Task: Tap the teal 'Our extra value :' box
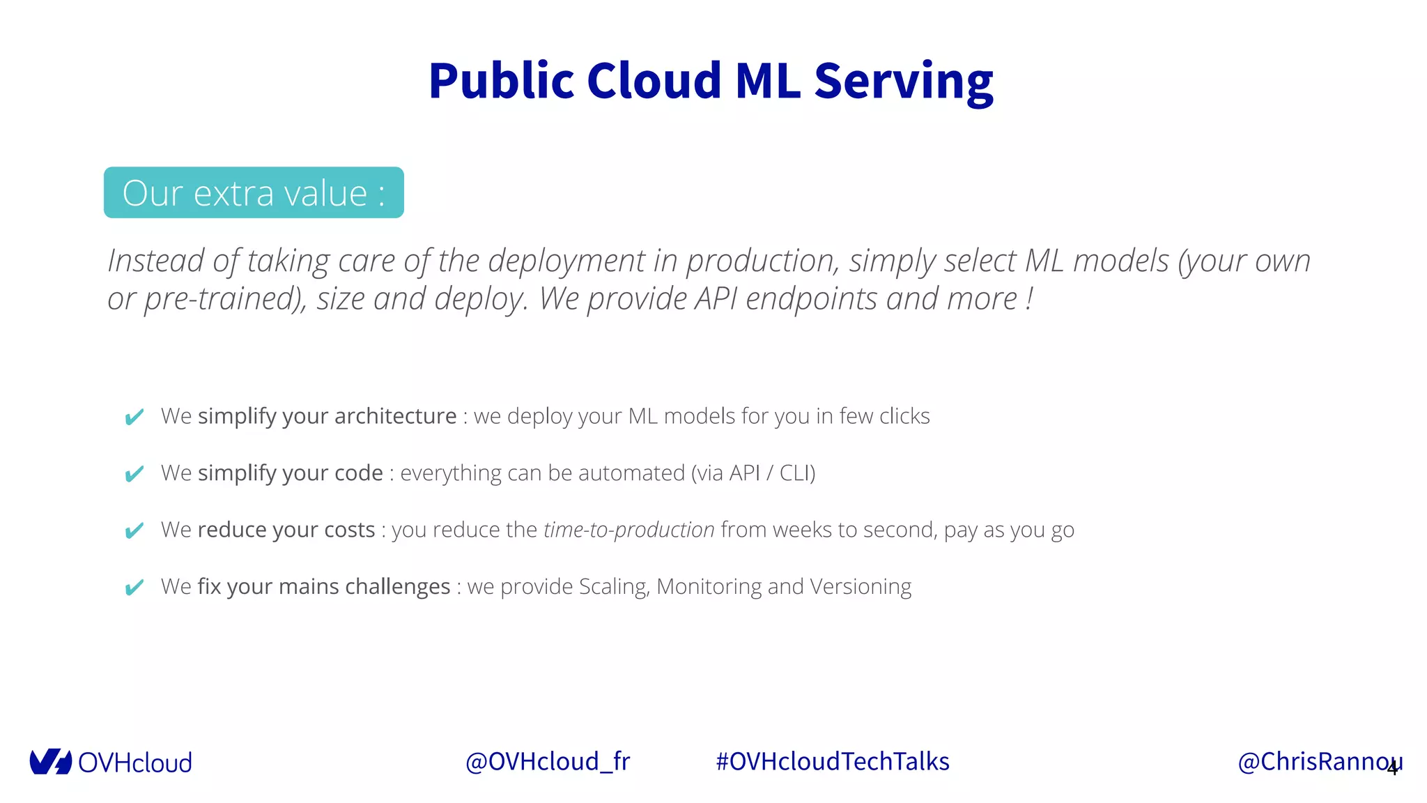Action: point(254,193)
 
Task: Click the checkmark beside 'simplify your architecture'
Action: point(134,417)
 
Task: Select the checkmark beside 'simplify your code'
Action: point(134,474)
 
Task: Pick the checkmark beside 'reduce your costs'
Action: point(134,530)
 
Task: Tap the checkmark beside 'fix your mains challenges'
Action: point(134,588)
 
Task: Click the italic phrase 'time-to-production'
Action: point(628,530)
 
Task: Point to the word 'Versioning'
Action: point(860,587)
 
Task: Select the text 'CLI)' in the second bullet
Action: point(796,473)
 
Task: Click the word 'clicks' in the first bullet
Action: point(904,416)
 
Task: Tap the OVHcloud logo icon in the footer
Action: point(50,762)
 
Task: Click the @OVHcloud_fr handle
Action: point(547,762)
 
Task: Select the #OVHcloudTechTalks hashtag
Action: point(832,762)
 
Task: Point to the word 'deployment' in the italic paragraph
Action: point(566,261)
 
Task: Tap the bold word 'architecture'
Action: point(395,416)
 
